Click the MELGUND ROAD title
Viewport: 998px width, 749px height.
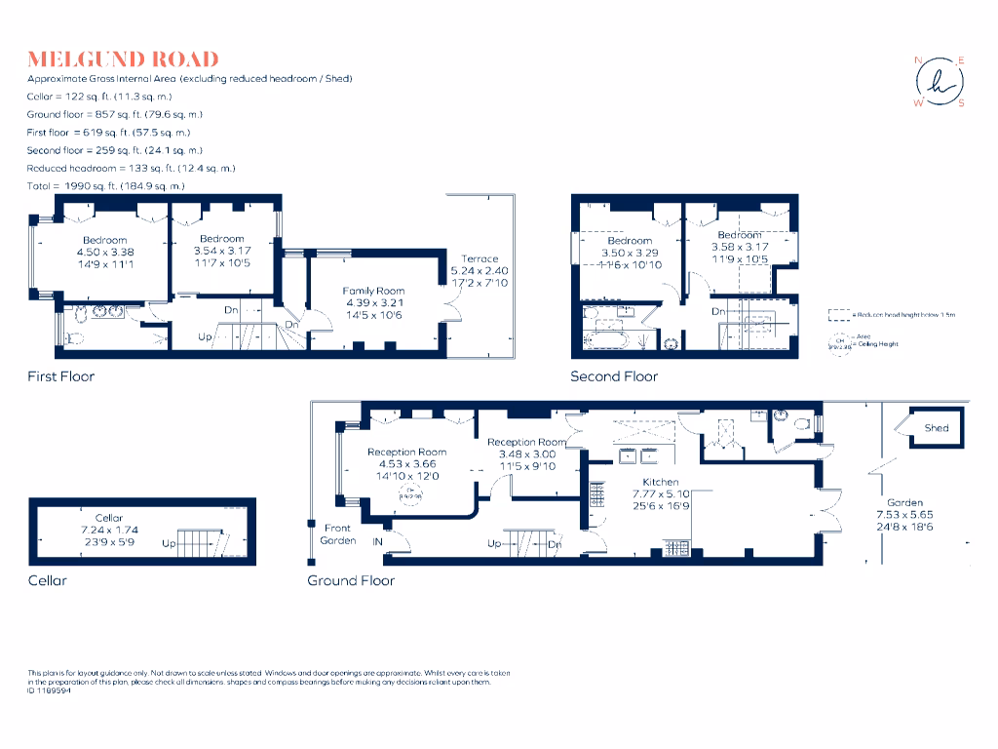123,59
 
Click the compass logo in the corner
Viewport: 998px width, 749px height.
940,82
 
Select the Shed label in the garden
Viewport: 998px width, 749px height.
937,428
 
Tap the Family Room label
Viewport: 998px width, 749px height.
373,291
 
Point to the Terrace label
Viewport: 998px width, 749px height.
480,258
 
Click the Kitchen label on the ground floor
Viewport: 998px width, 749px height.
660,482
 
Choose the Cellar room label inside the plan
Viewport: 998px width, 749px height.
109,518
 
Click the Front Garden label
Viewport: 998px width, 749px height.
338,533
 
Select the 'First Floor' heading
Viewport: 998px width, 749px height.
61,375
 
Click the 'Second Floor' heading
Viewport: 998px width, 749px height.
614,375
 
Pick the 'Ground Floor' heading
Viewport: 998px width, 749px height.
351,580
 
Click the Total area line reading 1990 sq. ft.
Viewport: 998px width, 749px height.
106,185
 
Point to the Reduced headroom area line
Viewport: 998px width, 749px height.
131,168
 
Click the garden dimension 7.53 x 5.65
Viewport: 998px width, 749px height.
904,515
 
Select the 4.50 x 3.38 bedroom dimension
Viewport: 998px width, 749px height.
104,252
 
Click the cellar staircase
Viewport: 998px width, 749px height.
204,542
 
